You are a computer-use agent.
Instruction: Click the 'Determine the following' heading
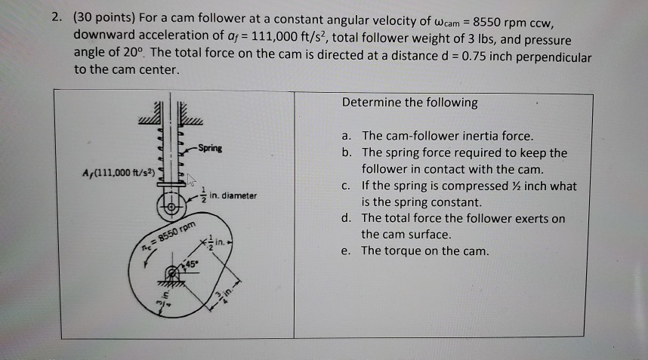(x=409, y=103)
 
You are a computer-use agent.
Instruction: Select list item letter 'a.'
(x=347, y=137)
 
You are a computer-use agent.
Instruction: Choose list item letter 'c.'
(x=347, y=186)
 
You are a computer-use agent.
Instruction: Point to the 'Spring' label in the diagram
(x=211, y=149)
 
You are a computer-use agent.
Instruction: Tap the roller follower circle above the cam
(x=171, y=205)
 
